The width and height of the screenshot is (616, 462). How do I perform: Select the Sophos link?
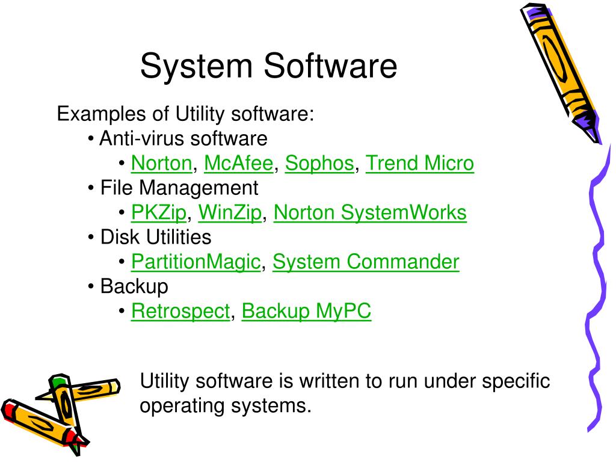click(319, 164)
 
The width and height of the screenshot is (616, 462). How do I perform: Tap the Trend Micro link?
click(420, 164)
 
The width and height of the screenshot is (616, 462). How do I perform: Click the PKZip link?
click(159, 213)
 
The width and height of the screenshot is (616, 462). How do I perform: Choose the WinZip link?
click(230, 213)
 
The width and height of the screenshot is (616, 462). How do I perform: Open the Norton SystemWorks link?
click(370, 213)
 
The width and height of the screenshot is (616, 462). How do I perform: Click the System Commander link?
click(366, 262)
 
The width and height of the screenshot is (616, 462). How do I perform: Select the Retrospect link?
click(180, 312)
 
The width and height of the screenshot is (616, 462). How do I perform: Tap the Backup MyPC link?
click(306, 312)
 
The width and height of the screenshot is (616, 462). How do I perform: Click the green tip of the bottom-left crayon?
click(57, 381)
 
